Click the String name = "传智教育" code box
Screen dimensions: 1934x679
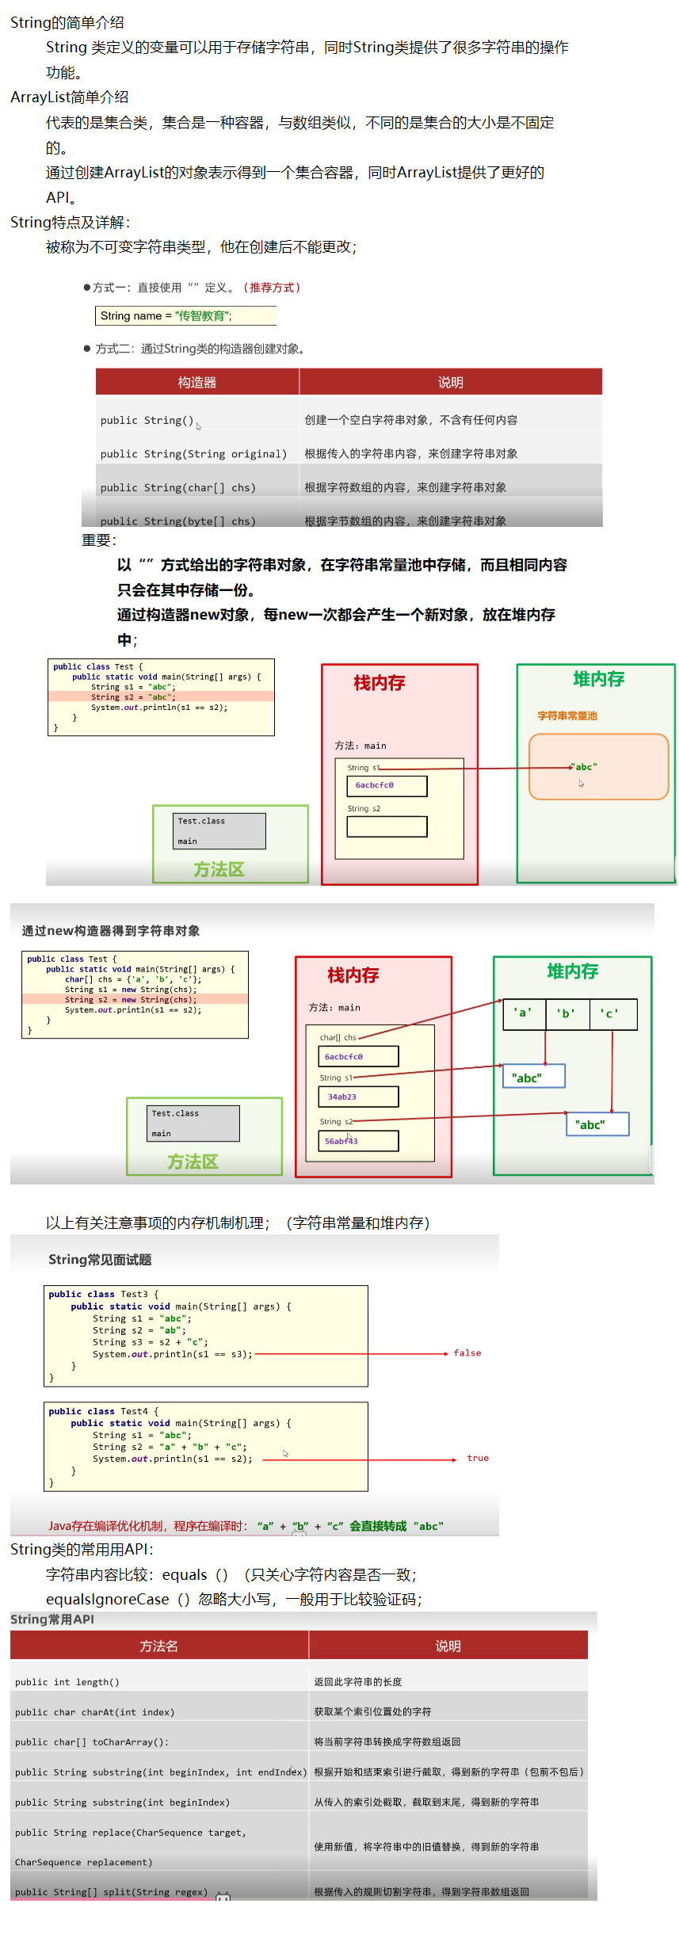185,315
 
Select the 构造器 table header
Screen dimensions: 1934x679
197,382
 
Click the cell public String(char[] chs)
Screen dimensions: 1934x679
178,487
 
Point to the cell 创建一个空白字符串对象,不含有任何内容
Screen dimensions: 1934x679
411,420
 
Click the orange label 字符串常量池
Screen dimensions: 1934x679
567,715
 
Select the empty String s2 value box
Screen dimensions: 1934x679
387,826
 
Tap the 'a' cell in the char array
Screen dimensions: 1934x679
523,1013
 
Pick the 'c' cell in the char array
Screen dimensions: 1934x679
610,1013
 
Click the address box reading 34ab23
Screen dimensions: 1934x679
358,1097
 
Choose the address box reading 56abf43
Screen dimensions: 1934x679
358,1141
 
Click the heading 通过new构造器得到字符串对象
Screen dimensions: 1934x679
111,931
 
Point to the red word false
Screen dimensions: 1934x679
467,1353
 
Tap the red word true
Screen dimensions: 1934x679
478,1458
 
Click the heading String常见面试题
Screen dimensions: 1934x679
100,1260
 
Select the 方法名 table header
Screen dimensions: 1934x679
158,1646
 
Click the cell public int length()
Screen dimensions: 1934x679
67,1682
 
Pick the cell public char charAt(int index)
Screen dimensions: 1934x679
95,1712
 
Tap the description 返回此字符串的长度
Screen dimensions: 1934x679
358,1682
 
